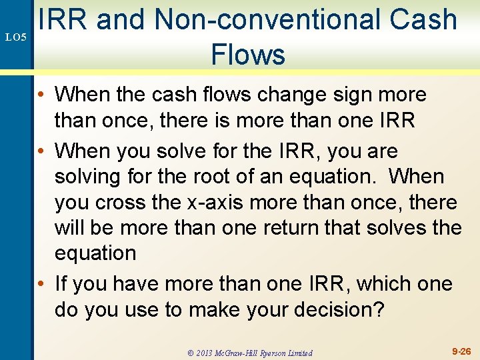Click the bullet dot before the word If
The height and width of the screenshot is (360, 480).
point(42,285)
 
